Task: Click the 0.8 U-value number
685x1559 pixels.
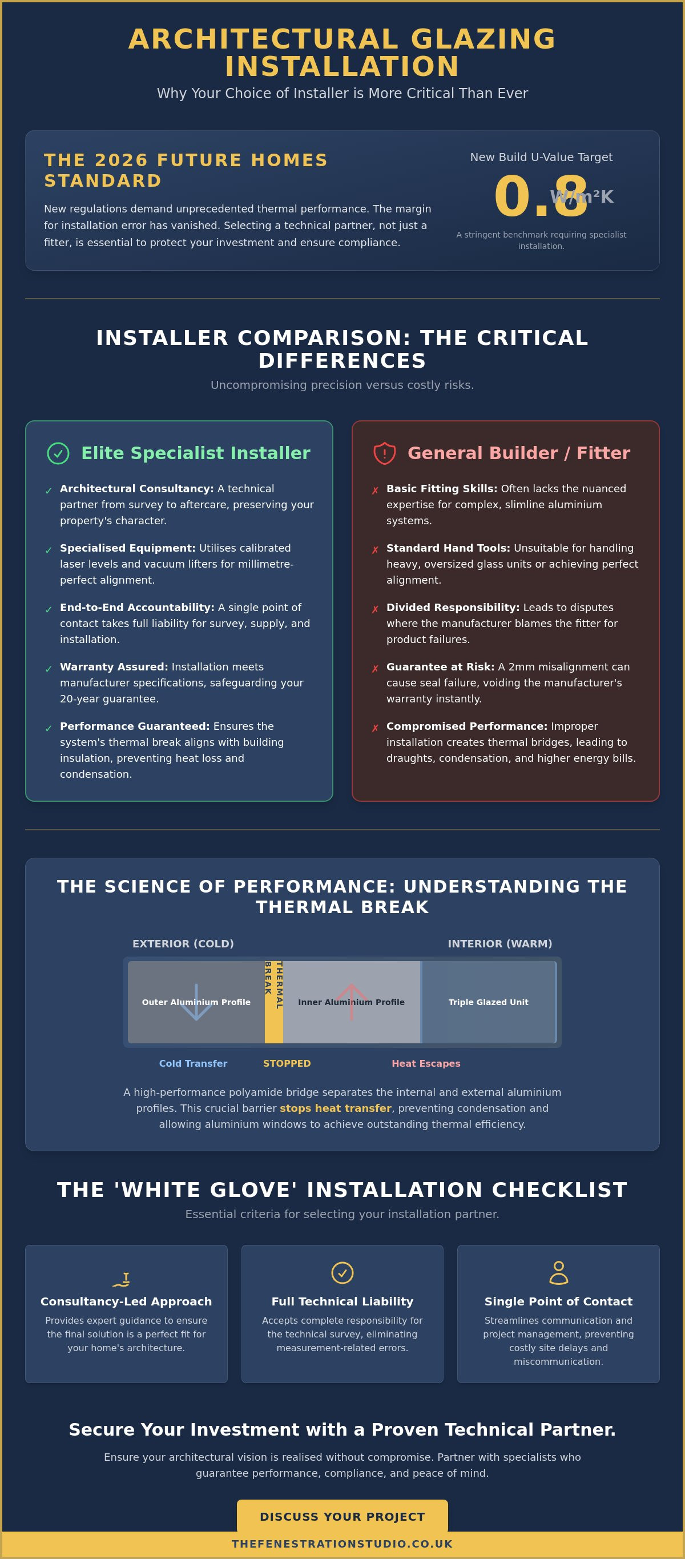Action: coord(541,196)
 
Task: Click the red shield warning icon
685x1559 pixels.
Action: coord(384,453)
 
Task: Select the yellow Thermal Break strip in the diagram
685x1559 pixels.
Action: coord(273,1002)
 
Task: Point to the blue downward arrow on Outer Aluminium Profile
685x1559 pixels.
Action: coord(196,1002)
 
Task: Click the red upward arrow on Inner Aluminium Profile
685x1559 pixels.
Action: coord(352,1002)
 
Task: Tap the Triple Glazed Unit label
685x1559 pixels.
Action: coord(488,1002)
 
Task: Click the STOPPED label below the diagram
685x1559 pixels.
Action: coord(287,1063)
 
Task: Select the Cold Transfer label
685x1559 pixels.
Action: coord(193,1063)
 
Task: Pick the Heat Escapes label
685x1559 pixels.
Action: coord(426,1063)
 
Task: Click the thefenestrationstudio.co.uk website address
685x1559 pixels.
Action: coord(342,1544)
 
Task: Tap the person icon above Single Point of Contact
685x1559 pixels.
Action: coord(558,1272)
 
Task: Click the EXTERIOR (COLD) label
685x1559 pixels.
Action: coord(183,943)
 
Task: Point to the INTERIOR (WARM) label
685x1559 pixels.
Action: coord(500,943)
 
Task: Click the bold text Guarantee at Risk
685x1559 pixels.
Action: coord(440,666)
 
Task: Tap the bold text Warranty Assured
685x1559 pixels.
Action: coord(114,666)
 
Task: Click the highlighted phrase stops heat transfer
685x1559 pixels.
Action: coord(335,1108)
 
